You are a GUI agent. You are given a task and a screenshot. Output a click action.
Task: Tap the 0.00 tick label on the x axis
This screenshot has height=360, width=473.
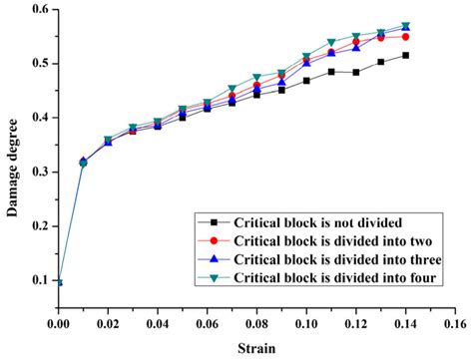59,325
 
